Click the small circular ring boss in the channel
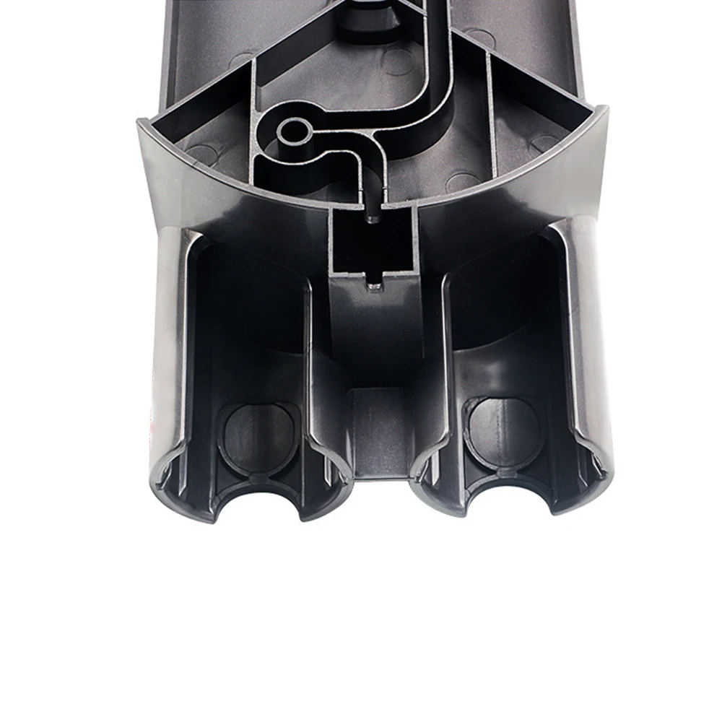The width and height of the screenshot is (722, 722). pos(293,131)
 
